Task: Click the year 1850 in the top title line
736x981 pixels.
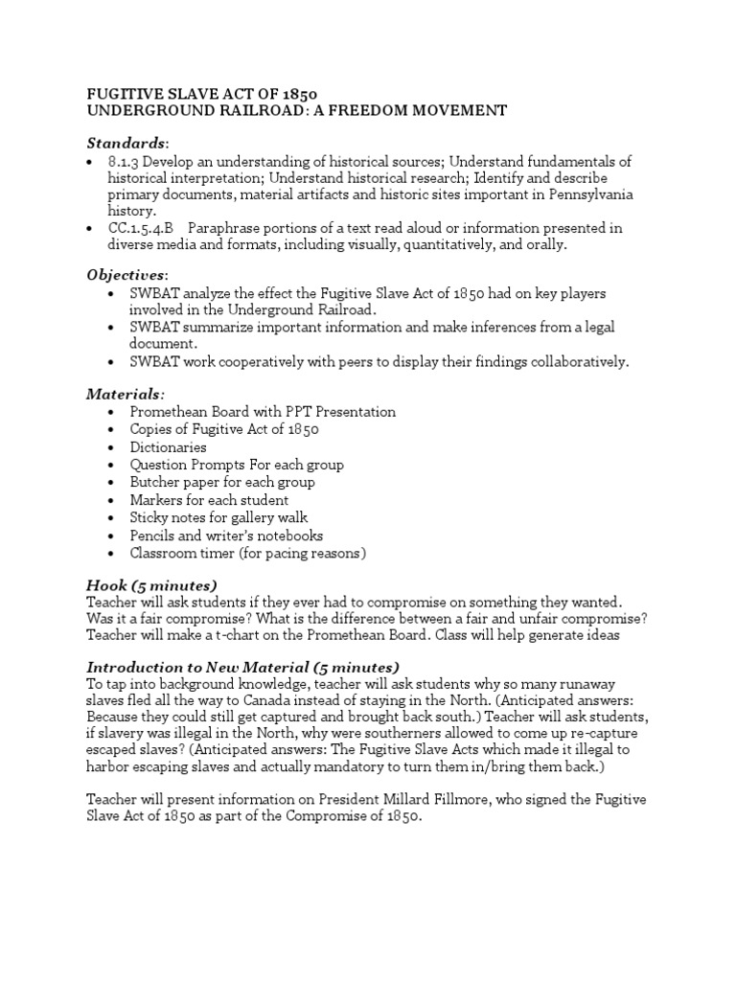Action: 297,93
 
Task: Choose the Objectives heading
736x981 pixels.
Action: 126,275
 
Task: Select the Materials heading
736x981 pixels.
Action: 125,394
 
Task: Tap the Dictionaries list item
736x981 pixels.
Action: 169,447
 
